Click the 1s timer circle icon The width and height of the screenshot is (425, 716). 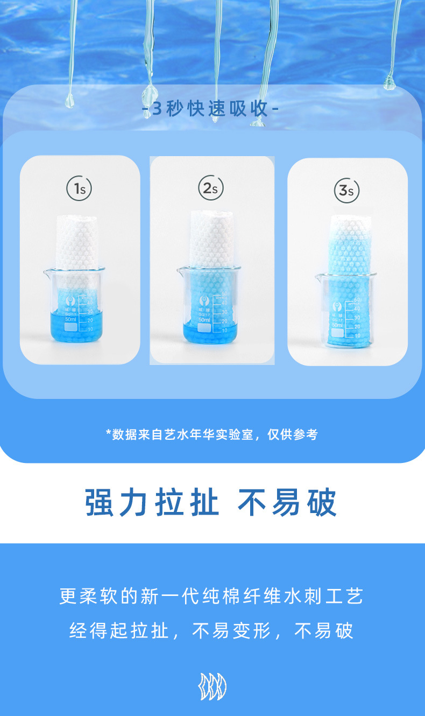[79, 188]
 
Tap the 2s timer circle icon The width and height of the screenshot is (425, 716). [210, 188]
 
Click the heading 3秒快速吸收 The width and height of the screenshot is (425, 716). [210, 109]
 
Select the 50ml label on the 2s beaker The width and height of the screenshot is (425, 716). [204, 320]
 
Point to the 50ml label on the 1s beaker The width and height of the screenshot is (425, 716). [72, 319]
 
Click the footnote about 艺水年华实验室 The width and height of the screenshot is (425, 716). [212, 434]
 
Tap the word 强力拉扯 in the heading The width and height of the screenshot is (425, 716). [152, 503]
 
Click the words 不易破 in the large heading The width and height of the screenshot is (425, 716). [287, 503]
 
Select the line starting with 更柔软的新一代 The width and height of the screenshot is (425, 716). [212, 596]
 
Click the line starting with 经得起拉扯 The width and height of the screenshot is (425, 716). [212, 630]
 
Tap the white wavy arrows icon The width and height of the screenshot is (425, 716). [212, 687]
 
